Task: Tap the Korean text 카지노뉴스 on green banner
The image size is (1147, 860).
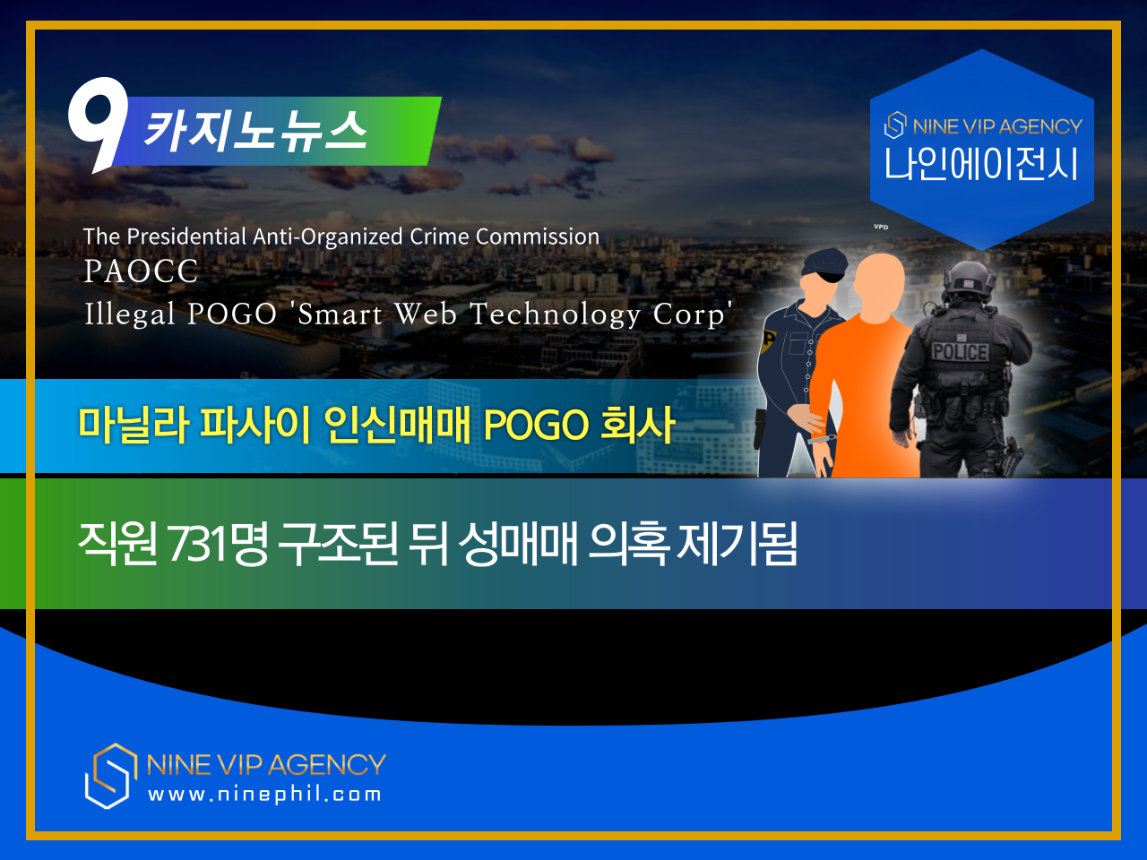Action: coord(255,131)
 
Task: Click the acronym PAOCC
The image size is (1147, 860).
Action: coord(141,271)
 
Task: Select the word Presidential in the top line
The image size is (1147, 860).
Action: coord(186,236)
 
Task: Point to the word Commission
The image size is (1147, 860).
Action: coord(537,236)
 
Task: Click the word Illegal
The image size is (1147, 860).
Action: coord(130,314)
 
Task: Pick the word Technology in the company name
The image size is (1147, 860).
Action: coord(556,314)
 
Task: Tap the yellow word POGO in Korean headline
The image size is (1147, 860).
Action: coord(536,425)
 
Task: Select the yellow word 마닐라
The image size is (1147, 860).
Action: coord(134,425)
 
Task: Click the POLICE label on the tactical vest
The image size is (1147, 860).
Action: coord(961,352)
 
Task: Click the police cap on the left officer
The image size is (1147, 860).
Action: coord(824,263)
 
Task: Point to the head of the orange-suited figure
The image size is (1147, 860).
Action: coord(879,284)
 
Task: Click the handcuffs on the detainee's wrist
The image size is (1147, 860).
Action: coord(822,439)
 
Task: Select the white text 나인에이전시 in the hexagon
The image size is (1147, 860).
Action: coord(981,163)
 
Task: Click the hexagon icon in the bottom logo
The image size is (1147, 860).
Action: coord(110,776)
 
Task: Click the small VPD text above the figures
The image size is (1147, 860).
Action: coord(881,227)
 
